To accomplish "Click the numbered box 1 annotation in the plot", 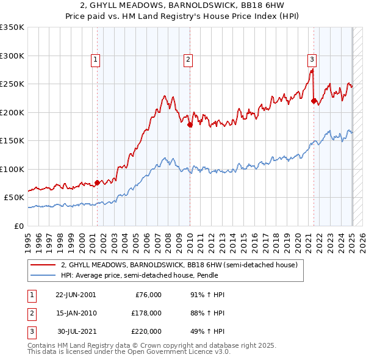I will pyautogui.click(x=97, y=60).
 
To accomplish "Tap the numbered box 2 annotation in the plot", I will pyautogui.click(x=188, y=60).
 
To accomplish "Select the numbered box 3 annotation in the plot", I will pyautogui.click(x=312, y=60).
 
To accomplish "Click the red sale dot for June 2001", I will pyautogui.click(x=98, y=182).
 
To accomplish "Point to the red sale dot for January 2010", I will pyautogui.click(x=190, y=125).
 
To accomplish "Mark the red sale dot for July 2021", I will pyautogui.click(x=314, y=101).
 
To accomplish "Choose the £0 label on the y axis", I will pyautogui.click(x=18, y=226).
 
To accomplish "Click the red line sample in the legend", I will pyautogui.click(x=44, y=265).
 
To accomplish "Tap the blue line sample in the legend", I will pyautogui.click(x=44, y=275).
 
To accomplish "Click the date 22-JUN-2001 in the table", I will pyautogui.click(x=76, y=295).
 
